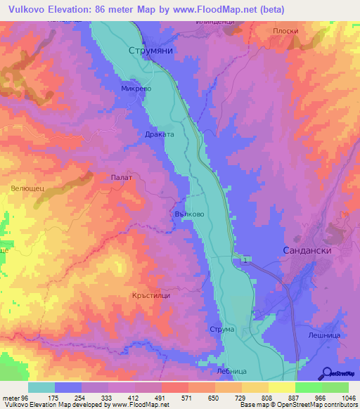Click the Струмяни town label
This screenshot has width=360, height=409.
point(151,51)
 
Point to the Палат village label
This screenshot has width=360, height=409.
point(122,178)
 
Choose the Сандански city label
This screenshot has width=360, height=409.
point(306,250)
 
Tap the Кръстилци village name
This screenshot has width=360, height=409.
point(151,296)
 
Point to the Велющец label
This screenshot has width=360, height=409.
point(28,188)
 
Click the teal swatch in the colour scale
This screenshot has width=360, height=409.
point(41,387)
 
